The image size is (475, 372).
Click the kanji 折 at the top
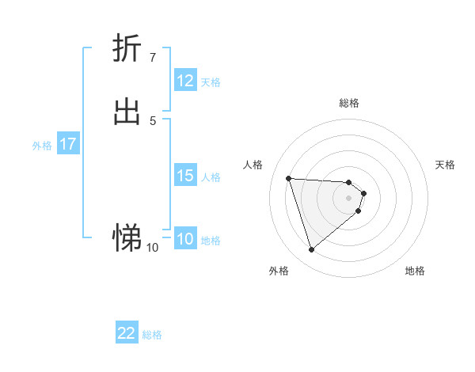127,48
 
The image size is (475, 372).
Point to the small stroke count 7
152,58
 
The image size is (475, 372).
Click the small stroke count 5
152,120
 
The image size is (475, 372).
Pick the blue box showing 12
185,81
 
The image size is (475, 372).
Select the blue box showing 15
185,176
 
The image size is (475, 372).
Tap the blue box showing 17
68,144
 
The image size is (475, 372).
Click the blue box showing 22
127,333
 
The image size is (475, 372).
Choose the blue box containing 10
185,240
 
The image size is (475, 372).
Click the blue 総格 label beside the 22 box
152,335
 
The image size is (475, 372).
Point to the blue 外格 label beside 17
42,146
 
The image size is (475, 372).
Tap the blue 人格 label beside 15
211,177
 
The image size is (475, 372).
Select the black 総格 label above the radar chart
349,103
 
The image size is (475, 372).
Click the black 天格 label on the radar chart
445,165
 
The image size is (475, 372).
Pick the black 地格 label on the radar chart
415,271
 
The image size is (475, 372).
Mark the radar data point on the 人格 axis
289,178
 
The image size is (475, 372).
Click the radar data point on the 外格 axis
311,250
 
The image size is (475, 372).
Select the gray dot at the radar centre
349,197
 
